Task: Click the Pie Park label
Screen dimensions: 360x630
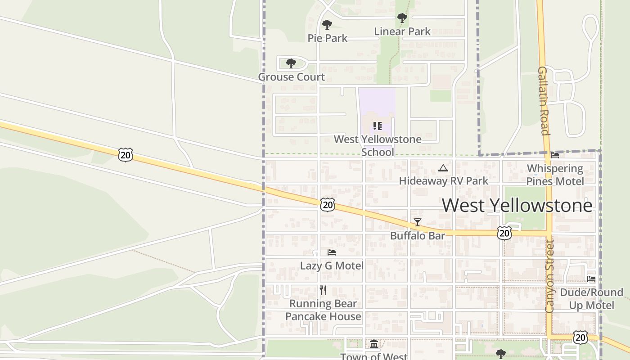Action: (x=327, y=38)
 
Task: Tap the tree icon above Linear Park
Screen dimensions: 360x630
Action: (x=402, y=18)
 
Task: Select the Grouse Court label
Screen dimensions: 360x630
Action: (x=291, y=77)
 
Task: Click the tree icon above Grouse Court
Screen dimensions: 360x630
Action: (x=291, y=63)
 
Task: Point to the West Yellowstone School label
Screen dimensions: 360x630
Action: (x=378, y=145)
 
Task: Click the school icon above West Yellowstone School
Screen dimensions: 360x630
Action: (x=377, y=126)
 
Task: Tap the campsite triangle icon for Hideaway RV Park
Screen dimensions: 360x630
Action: (x=443, y=168)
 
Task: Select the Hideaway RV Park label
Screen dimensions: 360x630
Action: (x=443, y=181)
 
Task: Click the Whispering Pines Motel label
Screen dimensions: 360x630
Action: (x=555, y=175)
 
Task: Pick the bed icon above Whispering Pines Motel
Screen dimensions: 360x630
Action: (x=555, y=155)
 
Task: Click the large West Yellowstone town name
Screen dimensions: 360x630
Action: (x=517, y=205)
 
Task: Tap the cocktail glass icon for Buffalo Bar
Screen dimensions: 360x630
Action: (x=418, y=222)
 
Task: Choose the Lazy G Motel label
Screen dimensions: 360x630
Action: (x=332, y=265)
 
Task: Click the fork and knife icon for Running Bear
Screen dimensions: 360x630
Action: (x=323, y=290)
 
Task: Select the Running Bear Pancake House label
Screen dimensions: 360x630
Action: (x=323, y=310)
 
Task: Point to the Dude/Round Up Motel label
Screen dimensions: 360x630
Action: (x=591, y=299)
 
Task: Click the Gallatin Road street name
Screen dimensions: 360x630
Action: (x=543, y=101)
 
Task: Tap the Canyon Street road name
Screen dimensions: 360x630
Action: (x=549, y=276)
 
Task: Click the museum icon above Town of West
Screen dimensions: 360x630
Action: (x=374, y=344)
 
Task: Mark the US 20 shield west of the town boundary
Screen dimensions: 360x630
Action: (x=126, y=155)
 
